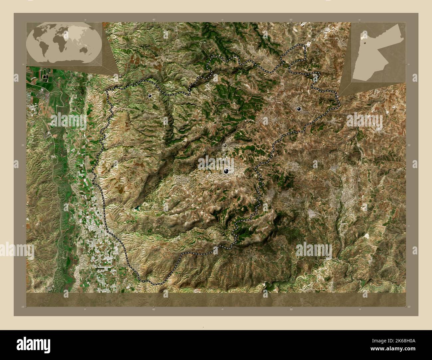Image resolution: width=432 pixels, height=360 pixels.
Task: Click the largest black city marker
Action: click(x=226, y=171)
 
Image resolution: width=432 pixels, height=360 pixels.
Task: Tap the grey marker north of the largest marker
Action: click(x=225, y=145)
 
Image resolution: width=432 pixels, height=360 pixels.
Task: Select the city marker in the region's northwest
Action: click(x=150, y=96)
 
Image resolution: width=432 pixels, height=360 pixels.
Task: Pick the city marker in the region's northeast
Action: click(x=299, y=108)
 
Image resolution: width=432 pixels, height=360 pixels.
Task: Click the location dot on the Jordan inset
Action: click(x=365, y=43)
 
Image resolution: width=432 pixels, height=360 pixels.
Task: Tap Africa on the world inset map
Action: click(x=60, y=42)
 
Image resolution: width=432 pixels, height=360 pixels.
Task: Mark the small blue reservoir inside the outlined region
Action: click(x=137, y=209)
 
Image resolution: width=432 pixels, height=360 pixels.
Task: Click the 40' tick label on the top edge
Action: click(x=154, y=20)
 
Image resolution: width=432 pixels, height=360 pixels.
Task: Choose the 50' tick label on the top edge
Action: click(x=291, y=20)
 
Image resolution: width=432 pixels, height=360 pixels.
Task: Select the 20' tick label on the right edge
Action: click(x=409, y=145)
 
